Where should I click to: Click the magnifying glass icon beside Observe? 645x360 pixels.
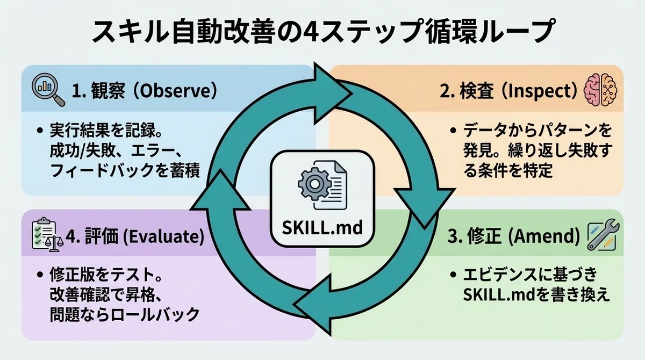[x=48, y=89]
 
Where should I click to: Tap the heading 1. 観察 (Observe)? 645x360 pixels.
[x=144, y=90]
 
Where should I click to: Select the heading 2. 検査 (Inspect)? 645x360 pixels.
[x=508, y=90]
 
